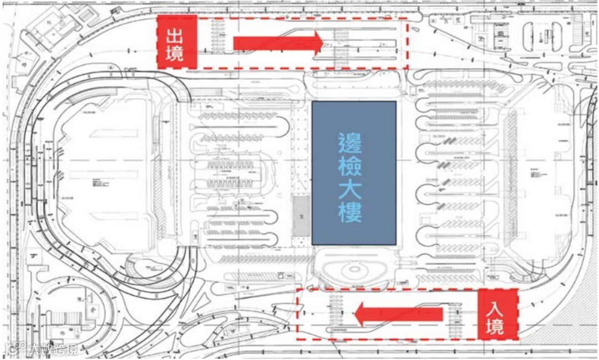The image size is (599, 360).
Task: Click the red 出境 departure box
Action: coord(177,42)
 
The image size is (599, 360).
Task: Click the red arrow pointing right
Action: coord(277,43)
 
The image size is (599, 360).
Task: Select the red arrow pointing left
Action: coord(399,315)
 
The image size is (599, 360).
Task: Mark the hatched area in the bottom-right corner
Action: coord(560,333)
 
